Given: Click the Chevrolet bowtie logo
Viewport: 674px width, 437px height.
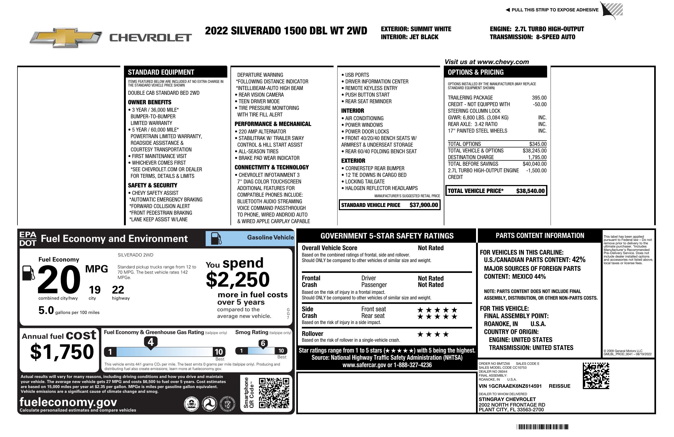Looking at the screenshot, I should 66,38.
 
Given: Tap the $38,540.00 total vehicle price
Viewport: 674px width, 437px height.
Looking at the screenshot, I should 530,191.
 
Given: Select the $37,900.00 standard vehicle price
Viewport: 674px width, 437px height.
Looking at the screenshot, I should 424,205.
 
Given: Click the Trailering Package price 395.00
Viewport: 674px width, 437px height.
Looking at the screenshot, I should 539,98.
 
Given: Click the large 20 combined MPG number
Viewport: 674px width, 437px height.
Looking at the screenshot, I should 59,279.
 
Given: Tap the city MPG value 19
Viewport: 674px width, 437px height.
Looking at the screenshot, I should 95,290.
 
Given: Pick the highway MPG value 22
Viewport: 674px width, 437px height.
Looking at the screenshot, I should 118,290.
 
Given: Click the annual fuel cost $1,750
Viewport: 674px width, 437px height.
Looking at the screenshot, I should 62,352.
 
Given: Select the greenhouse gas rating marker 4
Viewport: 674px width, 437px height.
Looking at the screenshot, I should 151,342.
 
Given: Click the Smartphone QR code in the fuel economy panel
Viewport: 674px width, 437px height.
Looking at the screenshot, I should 274,393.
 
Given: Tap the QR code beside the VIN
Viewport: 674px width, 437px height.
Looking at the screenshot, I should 596,376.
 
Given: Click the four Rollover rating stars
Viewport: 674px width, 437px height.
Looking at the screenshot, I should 433,335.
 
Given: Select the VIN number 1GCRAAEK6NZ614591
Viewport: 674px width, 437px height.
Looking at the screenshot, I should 510,386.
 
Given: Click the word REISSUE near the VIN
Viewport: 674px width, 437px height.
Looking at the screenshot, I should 559,386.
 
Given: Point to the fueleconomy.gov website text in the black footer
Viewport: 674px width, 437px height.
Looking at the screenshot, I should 68,402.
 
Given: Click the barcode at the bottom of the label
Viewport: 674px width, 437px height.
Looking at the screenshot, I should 542,427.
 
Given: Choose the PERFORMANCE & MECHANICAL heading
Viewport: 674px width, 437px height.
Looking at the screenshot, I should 273,124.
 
